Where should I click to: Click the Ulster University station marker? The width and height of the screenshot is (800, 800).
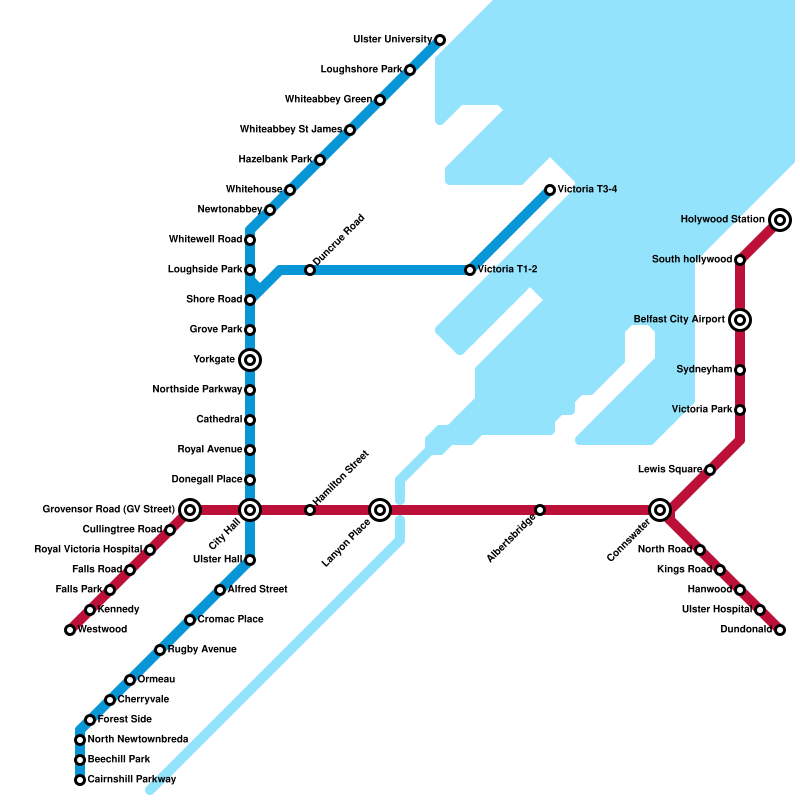click(x=440, y=40)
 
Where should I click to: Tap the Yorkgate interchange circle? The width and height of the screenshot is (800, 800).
click(x=250, y=360)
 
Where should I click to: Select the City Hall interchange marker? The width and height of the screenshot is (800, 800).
click(x=250, y=510)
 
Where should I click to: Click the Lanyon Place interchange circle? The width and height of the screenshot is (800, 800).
click(x=380, y=510)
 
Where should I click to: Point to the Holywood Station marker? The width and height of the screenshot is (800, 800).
click(x=780, y=220)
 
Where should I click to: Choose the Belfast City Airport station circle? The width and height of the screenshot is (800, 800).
click(x=740, y=320)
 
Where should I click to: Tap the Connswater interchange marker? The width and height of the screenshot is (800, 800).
click(x=660, y=510)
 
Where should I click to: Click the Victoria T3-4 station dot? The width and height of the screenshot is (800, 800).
click(x=550, y=190)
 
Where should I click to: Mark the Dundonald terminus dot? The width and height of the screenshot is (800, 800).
click(x=780, y=630)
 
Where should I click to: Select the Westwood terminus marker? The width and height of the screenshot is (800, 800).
click(x=70, y=630)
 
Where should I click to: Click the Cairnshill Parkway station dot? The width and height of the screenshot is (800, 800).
click(x=80, y=780)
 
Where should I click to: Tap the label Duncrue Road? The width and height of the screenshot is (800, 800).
click(x=339, y=240)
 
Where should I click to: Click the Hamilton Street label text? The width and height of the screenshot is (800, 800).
click(x=340, y=477)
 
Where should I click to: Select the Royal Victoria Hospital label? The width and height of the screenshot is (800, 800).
click(x=88, y=549)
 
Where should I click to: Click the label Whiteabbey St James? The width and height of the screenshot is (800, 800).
click(x=291, y=129)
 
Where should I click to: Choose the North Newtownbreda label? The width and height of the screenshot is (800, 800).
click(x=138, y=739)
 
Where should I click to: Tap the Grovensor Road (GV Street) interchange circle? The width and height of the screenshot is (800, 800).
click(x=190, y=510)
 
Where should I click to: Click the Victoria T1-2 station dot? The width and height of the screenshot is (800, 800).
click(x=470, y=270)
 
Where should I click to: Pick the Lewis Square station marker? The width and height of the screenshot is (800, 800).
click(x=710, y=470)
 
